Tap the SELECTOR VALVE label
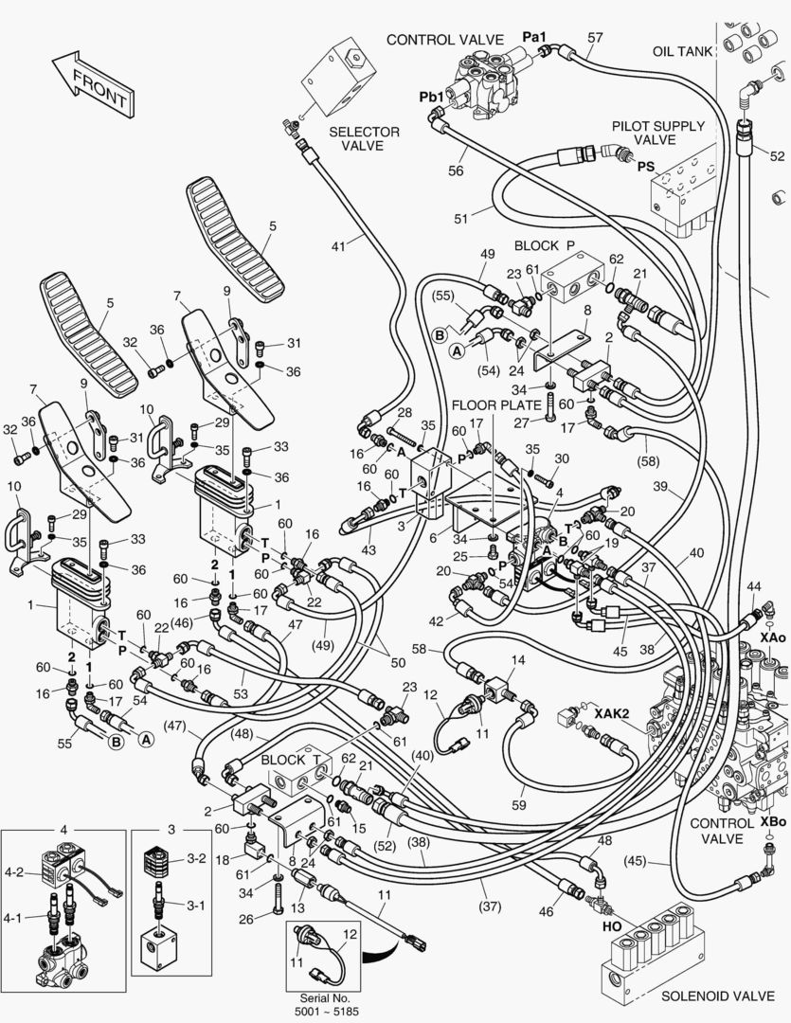point(364,138)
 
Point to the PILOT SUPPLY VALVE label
point(657,133)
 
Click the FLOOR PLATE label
point(492,405)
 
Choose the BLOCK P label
point(544,245)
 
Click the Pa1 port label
point(535,36)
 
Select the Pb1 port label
point(432,98)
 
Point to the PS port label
point(645,167)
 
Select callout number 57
point(595,38)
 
